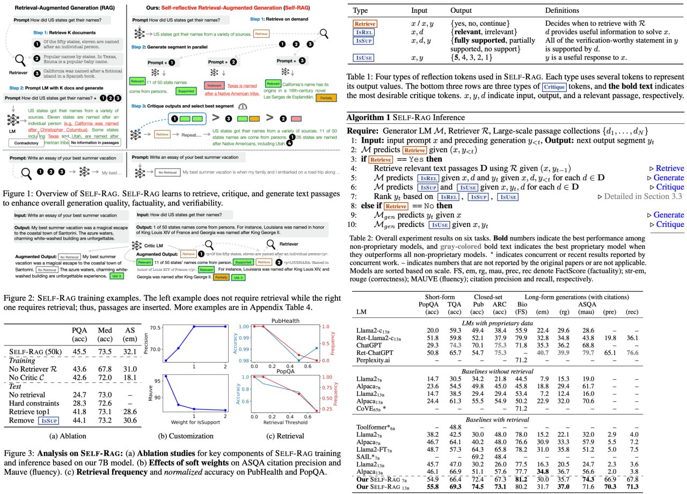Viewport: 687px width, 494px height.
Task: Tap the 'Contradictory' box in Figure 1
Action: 26,143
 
